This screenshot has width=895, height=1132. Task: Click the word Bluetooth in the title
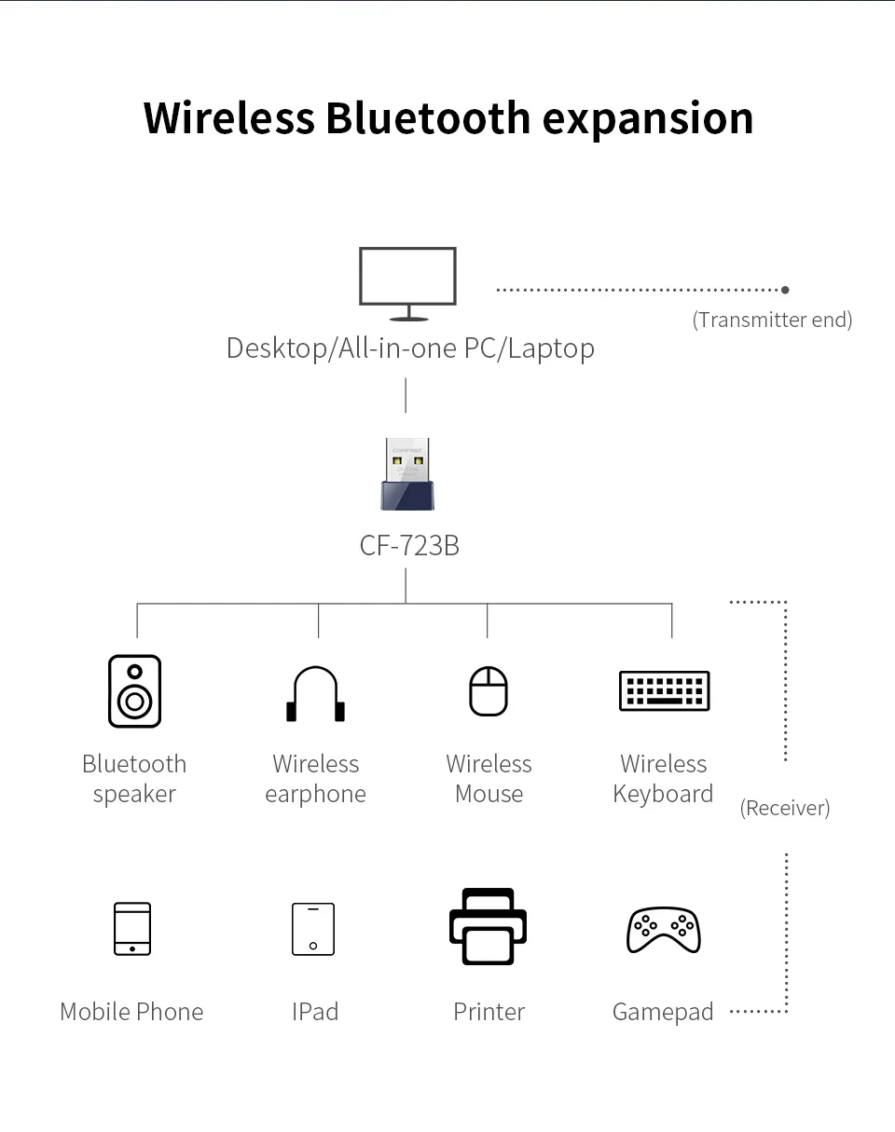(428, 118)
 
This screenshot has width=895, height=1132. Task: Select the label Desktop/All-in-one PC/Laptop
(410, 348)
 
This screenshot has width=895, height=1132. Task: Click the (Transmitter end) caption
(772, 321)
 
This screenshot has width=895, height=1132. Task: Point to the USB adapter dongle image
(406, 474)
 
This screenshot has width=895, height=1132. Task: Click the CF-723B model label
(409, 546)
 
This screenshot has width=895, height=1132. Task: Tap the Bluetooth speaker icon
(134, 690)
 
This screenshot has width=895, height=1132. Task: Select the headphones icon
(315, 694)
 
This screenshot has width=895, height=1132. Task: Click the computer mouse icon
(489, 691)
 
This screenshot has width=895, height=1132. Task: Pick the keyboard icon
(664, 691)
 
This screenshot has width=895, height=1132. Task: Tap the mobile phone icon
(132, 929)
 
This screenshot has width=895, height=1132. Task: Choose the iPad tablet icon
(313, 929)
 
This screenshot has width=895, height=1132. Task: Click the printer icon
(488, 927)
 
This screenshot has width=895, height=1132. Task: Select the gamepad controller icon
(663, 930)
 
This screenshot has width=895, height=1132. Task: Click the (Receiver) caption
(784, 808)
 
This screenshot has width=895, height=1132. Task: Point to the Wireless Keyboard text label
(663, 779)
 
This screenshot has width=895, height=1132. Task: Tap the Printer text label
(489, 1012)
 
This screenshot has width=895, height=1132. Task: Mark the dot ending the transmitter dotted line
(785, 290)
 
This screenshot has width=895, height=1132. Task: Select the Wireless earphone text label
(315, 779)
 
